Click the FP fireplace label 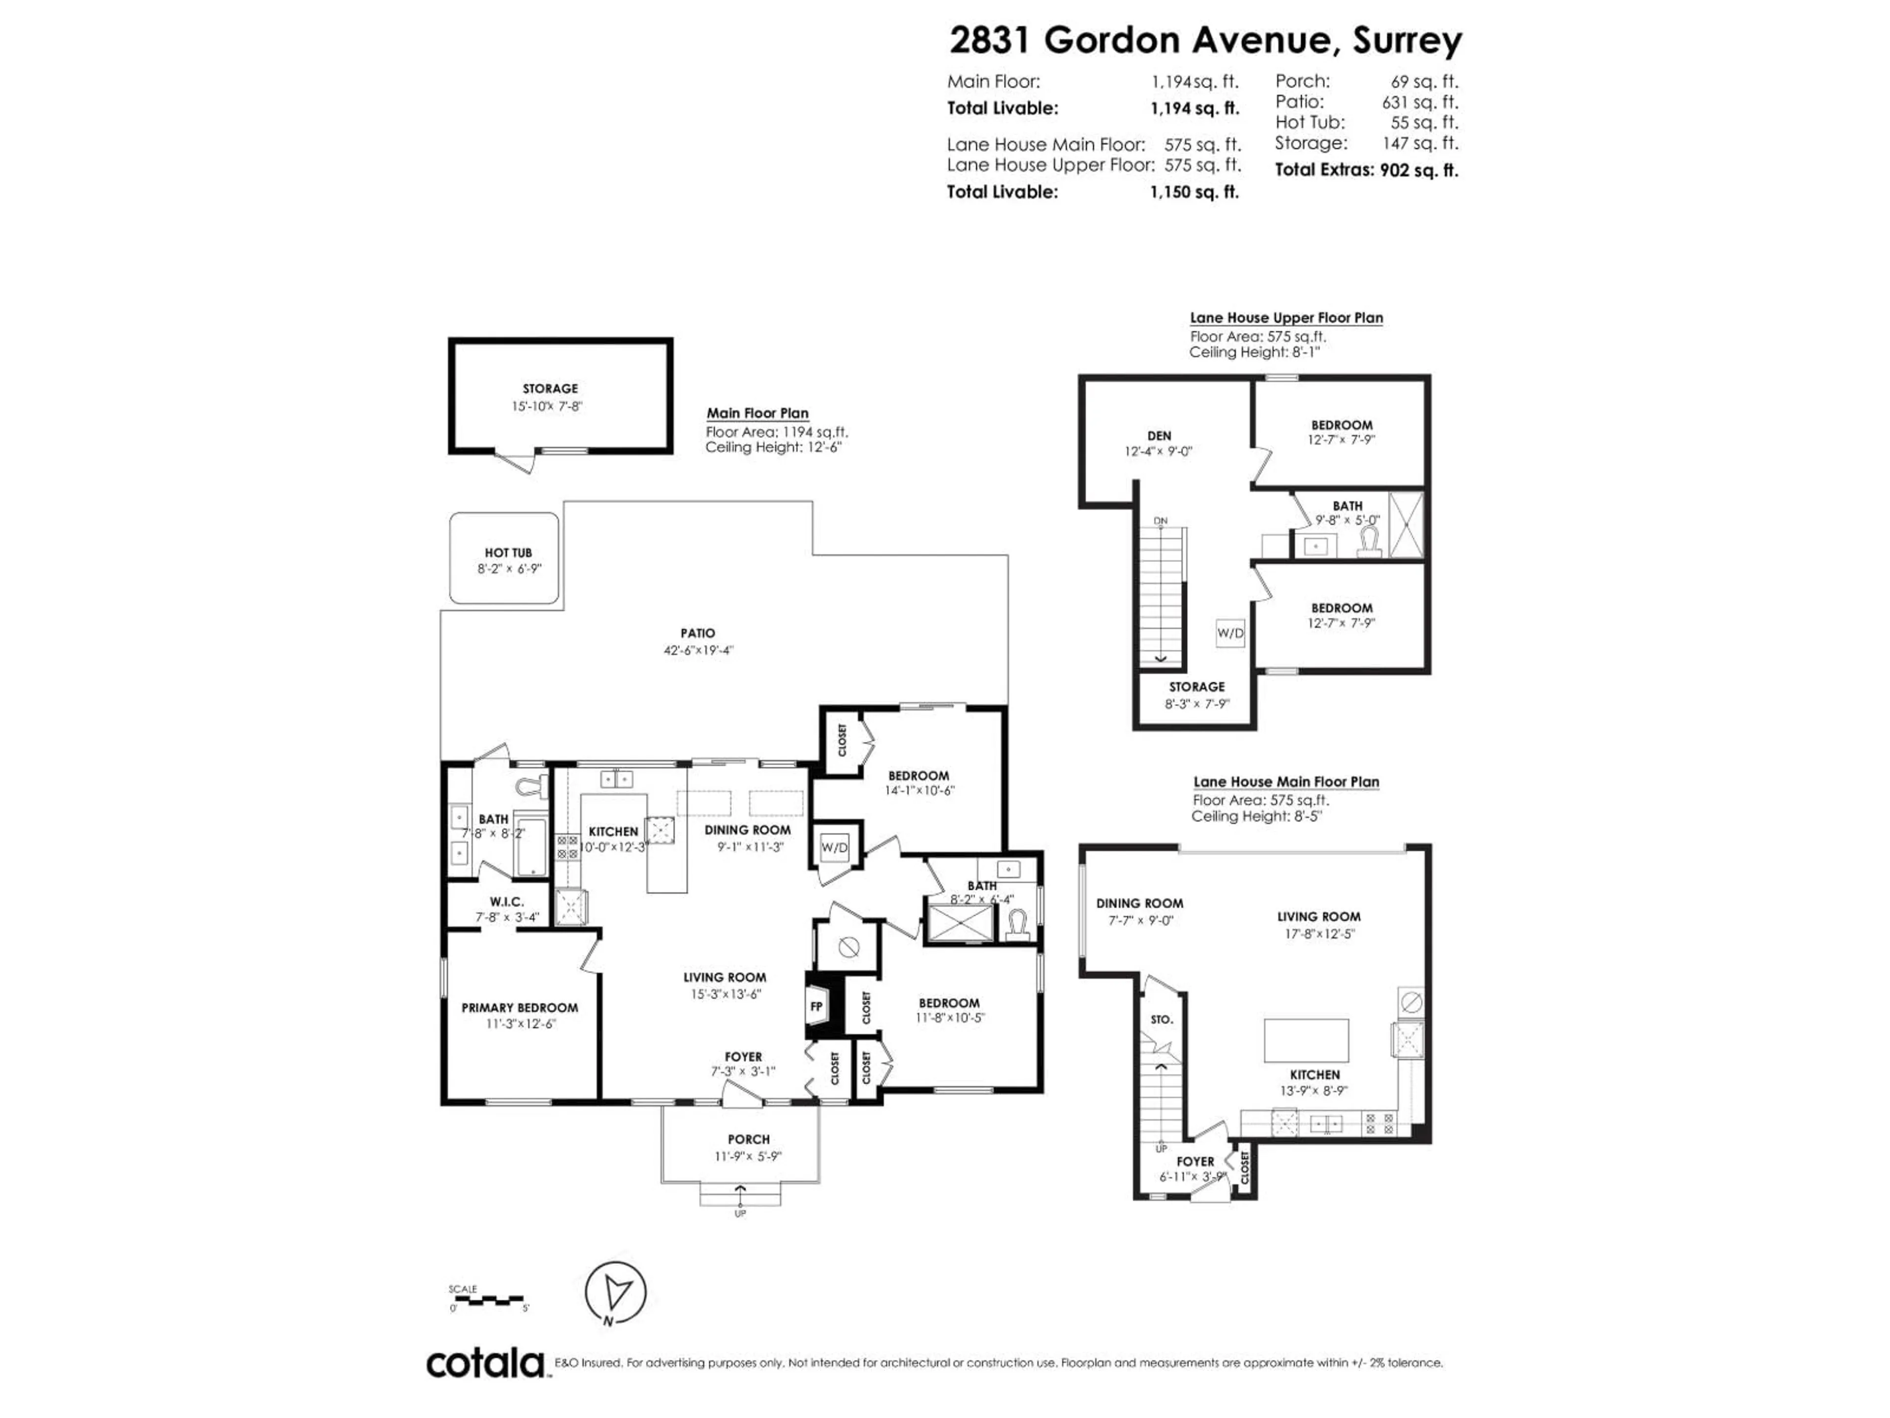[816, 1007]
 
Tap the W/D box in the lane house [1230, 633]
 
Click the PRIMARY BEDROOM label [519, 1008]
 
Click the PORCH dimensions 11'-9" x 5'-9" [749, 1157]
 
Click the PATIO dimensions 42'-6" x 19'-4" [698, 649]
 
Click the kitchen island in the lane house [1306, 1040]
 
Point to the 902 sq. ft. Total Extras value [1418, 170]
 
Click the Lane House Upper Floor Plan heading [1286, 318]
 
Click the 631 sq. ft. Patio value [1419, 102]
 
